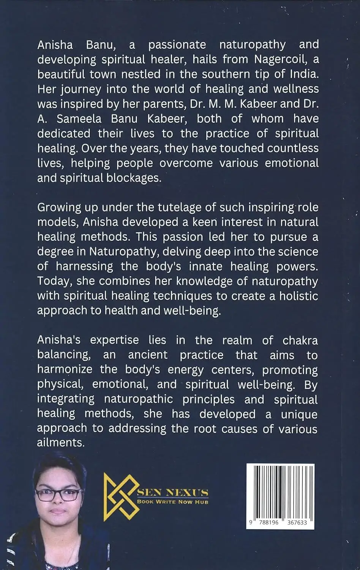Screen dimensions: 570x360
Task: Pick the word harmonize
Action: click(x=65, y=370)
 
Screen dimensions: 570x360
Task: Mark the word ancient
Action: click(x=147, y=355)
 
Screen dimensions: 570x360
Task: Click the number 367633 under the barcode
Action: click(x=292, y=522)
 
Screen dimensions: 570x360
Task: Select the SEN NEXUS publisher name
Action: click(x=173, y=492)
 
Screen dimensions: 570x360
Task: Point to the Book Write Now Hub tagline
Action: click(x=173, y=502)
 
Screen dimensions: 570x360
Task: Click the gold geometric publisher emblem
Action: click(x=121, y=497)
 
